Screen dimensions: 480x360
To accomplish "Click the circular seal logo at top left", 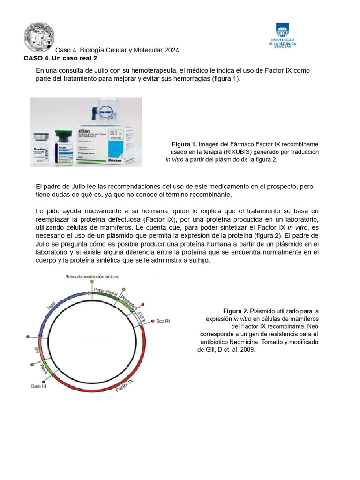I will tap(39, 37).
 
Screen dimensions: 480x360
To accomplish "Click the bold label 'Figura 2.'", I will tap(235, 311).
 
